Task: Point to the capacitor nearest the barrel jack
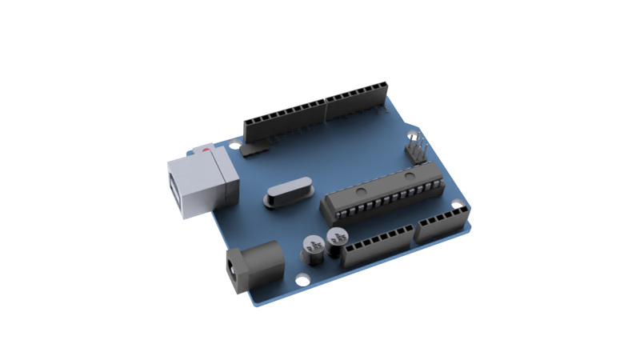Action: coord(312,248)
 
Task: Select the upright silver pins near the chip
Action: coord(416,149)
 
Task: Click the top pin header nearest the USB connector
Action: coord(284,120)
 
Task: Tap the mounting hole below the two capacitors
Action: coord(303,280)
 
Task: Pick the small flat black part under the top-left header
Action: coord(256,148)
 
